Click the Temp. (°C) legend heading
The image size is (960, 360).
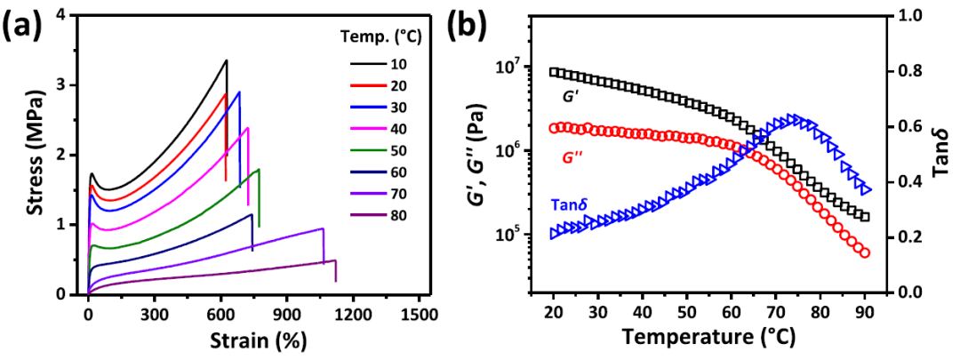point(383,37)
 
